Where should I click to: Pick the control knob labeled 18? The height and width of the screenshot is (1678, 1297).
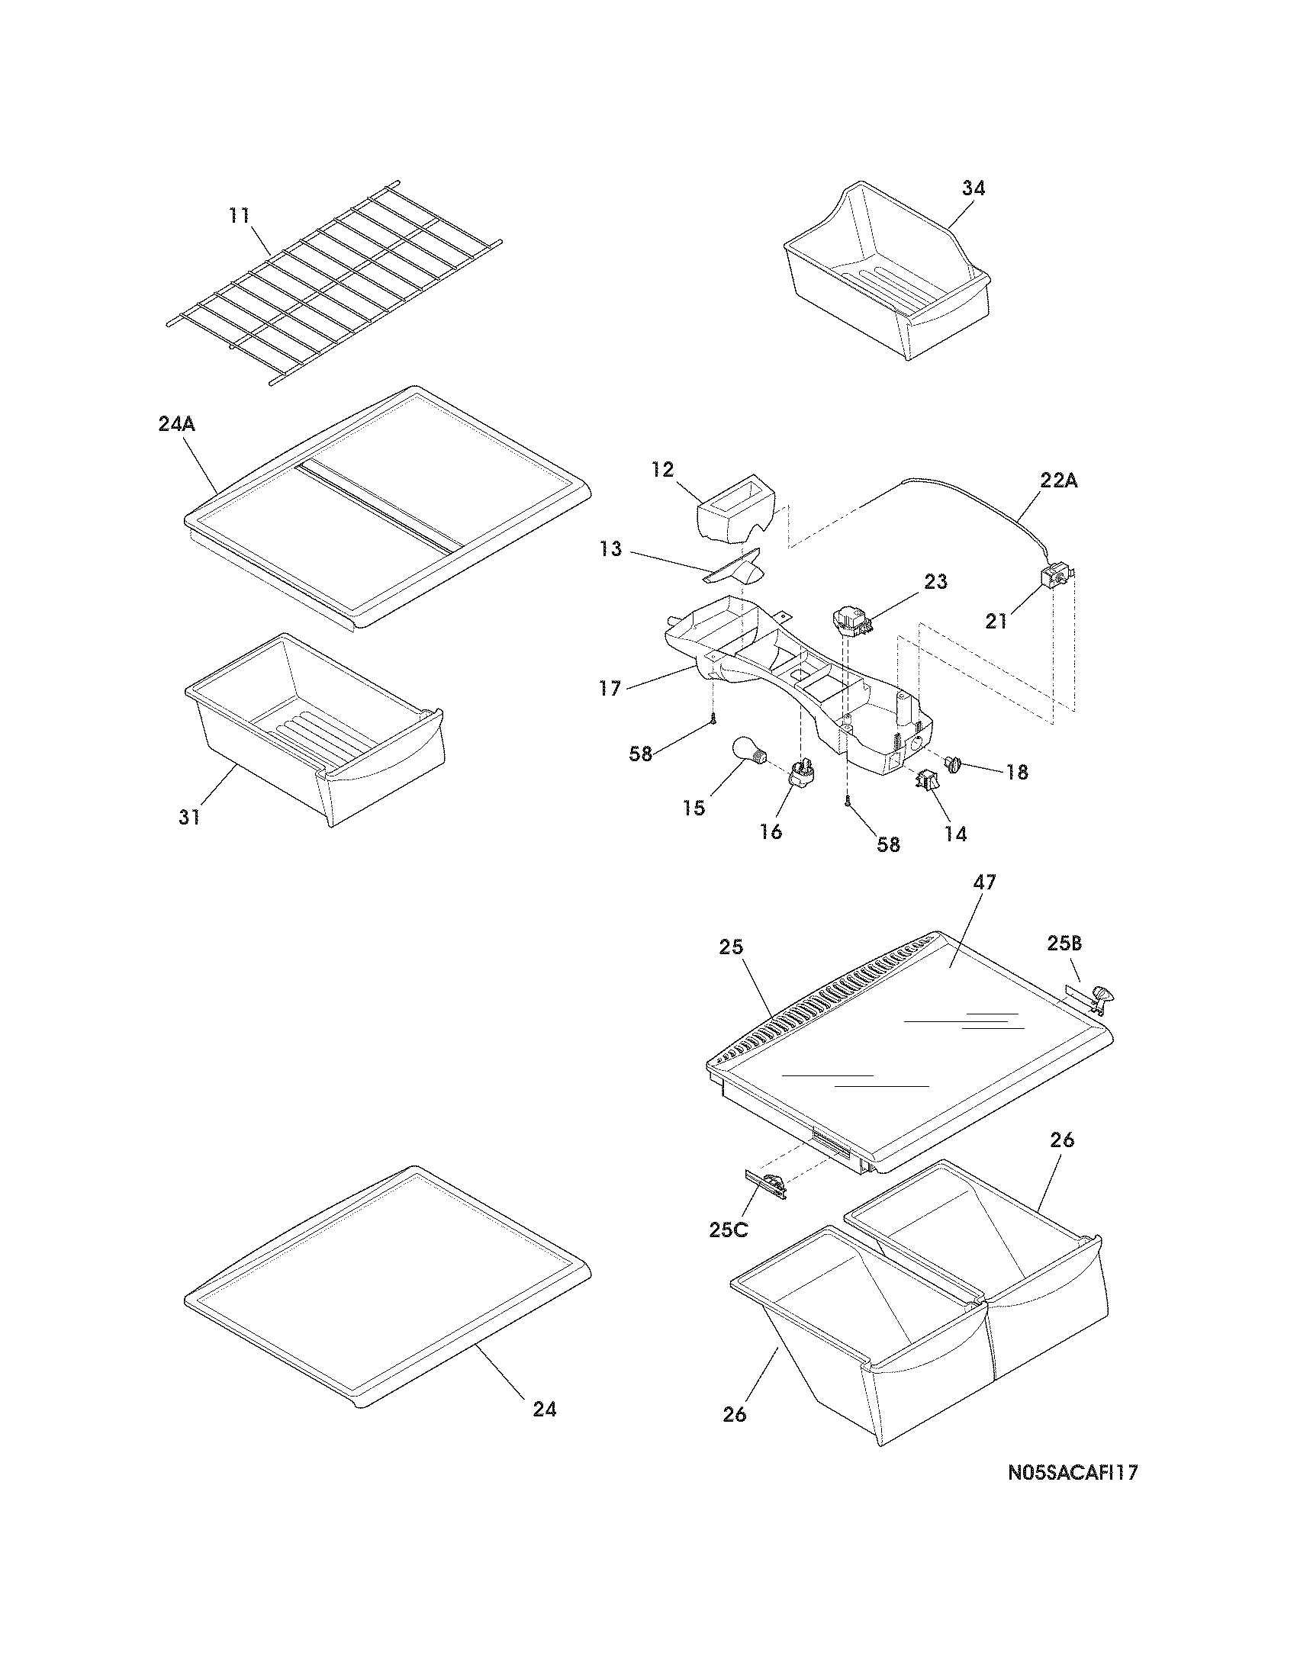(954, 763)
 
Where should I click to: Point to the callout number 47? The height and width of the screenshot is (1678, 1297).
(984, 882)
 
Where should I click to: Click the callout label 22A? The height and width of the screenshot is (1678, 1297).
(1058, 481)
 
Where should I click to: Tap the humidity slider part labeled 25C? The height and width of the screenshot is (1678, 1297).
(767, 1185)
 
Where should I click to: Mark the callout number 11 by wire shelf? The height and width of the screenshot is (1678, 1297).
(240, 215)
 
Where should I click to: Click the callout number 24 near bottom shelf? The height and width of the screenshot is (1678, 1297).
(544, 1409)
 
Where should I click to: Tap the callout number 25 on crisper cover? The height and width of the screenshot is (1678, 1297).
(731, 947)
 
